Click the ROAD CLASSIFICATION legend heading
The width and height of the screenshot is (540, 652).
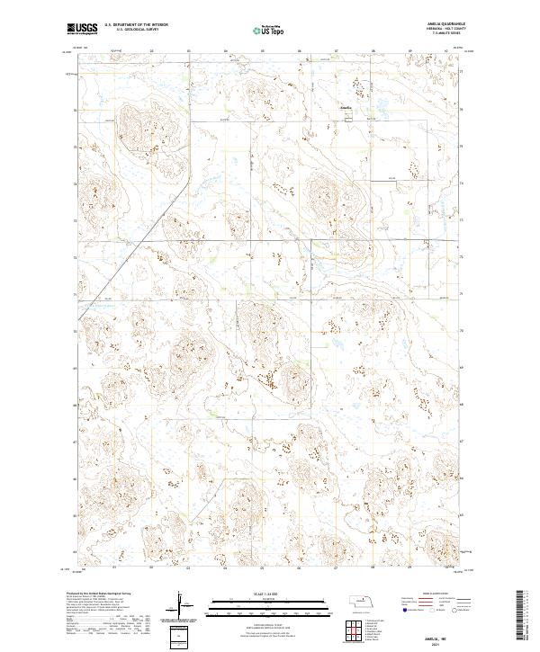(436, 594)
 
